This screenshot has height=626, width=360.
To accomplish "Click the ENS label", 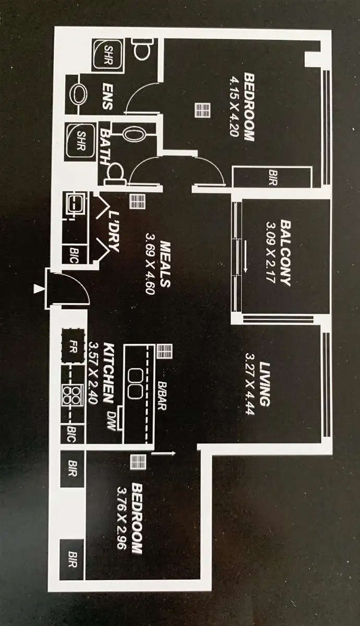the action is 109,95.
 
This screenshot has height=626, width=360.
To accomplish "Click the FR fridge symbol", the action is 74,345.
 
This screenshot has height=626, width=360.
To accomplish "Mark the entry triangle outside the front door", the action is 37,288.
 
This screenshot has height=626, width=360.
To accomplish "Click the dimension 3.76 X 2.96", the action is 122,520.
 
